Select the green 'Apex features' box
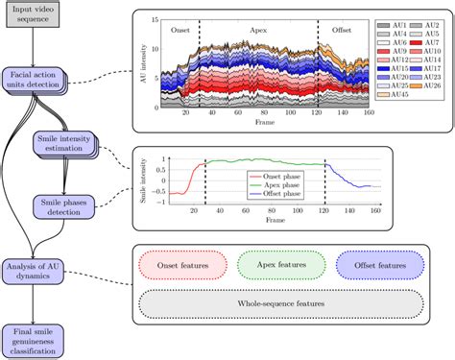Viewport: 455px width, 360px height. point(281,264)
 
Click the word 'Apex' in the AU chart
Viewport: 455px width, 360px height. point(257,30)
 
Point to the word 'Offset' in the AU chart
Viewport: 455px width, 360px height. point(342,30)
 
